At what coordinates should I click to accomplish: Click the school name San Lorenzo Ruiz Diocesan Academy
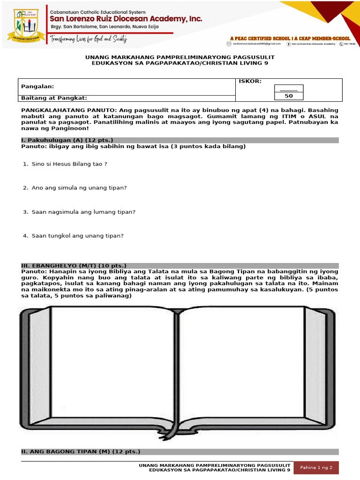pos(126,19)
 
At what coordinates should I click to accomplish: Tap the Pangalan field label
pos(37,86)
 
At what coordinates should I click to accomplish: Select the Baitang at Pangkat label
pos(54,98)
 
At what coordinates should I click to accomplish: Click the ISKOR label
pos(250,82)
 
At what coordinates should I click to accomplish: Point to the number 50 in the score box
pos(289,96)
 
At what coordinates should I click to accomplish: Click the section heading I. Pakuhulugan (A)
pos(67,140)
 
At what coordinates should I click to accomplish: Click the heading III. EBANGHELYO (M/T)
pos(74,265)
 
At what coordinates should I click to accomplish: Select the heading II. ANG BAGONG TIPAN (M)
pos(81,451)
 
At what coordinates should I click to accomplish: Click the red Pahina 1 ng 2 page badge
pos(316,467)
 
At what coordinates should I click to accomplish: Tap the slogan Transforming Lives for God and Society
pos(89,39)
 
